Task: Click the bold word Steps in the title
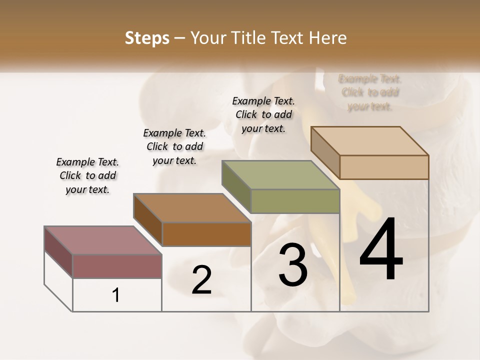point(147,38)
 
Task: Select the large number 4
point(381,250)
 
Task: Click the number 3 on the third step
point(293,265)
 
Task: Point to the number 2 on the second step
point(201,280)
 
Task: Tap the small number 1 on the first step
point(116,295)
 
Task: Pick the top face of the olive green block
point(280,175)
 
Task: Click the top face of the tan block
point(369,141)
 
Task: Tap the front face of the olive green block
point(295,201)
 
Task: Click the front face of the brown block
point(206,234)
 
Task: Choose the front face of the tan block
point(384,167)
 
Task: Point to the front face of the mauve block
point(117,266)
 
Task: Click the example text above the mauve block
point(87,176)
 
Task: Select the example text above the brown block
point(174,147)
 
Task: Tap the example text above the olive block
point(263,114)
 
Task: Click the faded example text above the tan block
point(370,92)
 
